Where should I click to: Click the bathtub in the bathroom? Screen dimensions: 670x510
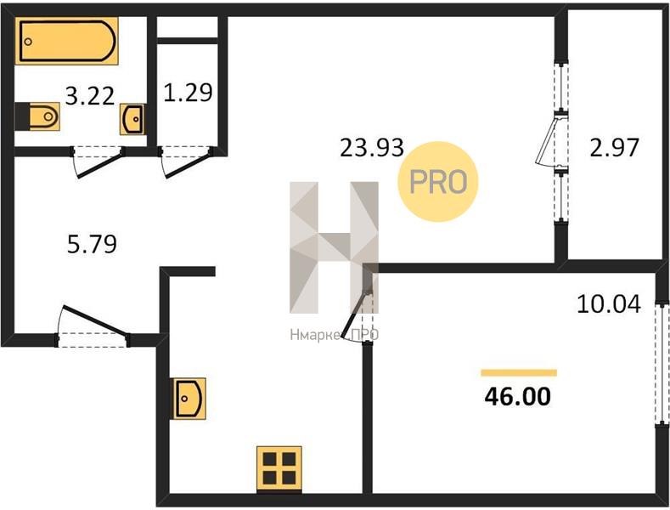click(66, 41)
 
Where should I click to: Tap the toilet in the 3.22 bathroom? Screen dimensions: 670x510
click(37, 116)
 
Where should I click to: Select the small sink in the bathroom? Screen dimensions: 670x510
click(132, 119)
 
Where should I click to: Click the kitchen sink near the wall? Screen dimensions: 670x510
click(189, 399)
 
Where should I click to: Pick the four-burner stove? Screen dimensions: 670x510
click(279, 469)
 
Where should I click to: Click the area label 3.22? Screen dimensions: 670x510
click(90, 96)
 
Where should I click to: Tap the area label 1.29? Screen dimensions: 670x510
click(188, 93)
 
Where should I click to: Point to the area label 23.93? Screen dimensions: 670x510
click(372, 148)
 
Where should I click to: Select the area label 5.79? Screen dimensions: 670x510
click(92, 244)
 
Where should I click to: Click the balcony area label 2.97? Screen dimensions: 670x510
click(614, 148)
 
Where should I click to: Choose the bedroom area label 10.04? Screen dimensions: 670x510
click(609, 304)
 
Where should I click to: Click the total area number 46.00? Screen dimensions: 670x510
click(517, 397)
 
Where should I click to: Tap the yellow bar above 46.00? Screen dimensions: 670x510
click(519, 372)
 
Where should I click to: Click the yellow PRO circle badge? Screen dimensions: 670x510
click(438, 182)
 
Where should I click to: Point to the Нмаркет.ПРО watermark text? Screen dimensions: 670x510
click(334, 335)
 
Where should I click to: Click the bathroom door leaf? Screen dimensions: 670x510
click(99, 162)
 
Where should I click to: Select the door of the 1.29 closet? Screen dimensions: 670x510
click(187, 163)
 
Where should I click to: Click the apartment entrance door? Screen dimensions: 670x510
click(94, 320)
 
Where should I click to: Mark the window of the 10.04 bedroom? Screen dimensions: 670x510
click(662, 364)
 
